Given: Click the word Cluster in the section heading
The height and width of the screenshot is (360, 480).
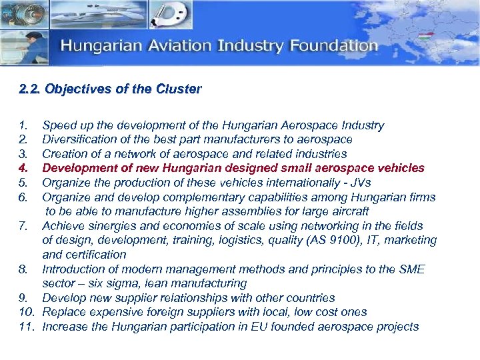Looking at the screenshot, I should point(179,89).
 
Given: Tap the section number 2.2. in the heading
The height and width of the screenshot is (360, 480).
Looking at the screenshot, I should point(31,89).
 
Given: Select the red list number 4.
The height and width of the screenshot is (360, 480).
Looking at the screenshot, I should point(24,168).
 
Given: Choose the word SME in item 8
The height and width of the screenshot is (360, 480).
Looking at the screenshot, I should point(411,269).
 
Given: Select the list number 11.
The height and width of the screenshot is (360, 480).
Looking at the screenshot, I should point(26,327).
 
